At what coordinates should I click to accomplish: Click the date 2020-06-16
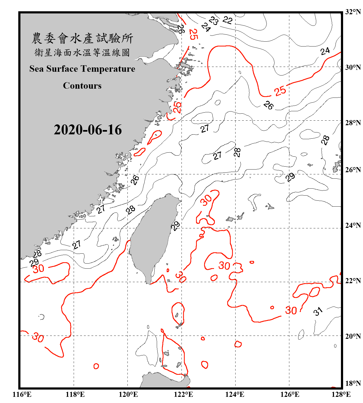click(x=88, y=130)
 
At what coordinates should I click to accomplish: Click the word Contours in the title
click(x=82, y=86)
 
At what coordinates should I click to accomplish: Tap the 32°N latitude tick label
click(x=353, y=12)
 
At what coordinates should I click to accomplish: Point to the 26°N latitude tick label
click(x=353, y=170)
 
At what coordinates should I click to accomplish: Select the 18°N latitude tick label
click(x=353, y=383)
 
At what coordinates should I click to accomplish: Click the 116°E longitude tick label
click(x=22, y=394)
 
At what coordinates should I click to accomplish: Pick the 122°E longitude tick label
click(x=184, y=394)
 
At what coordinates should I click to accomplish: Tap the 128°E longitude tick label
click(x=341, y=394)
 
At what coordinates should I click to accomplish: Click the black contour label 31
click(x=318, y=311)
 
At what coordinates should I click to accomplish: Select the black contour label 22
click(x=227, y=20)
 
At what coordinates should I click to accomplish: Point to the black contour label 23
click(x=214, y=20)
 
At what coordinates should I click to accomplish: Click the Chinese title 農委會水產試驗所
click(x=82, y=38)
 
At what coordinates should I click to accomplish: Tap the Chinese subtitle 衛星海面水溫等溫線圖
click(x=82, y=52)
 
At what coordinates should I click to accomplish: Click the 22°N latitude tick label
click(x=353, y=281)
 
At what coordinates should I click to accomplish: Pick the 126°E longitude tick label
click(x=290, y=394)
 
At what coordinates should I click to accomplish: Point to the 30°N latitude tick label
click(x=353, y=67)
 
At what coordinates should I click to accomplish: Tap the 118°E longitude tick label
click(x=75, y=394)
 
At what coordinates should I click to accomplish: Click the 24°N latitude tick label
click(x=353, y=225)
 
